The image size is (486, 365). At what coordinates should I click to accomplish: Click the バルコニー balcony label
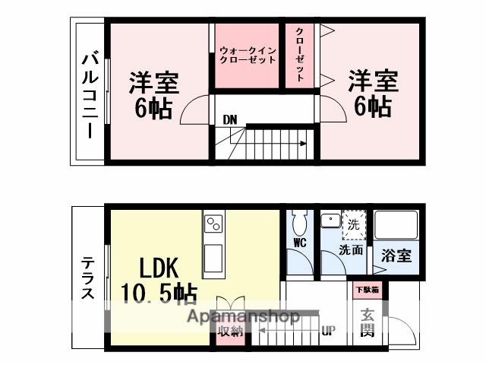point(90,93)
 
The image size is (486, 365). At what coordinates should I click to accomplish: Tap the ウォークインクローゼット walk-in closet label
point(247,55)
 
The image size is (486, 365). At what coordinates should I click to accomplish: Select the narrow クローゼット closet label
point(300,55)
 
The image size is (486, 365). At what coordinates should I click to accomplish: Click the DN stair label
point(229,119)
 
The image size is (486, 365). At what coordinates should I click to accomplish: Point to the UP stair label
point(329,331)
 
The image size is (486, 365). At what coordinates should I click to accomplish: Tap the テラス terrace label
point(89,278)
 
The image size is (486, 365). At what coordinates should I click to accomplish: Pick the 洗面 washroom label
point(350,249)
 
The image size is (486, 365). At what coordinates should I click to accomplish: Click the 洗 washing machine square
point(353,225)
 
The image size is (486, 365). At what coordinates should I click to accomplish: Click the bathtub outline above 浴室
point(396,225)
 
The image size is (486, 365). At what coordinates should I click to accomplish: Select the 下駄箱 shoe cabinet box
point(367,290)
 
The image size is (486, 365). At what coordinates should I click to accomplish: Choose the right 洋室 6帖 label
point(373,93)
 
